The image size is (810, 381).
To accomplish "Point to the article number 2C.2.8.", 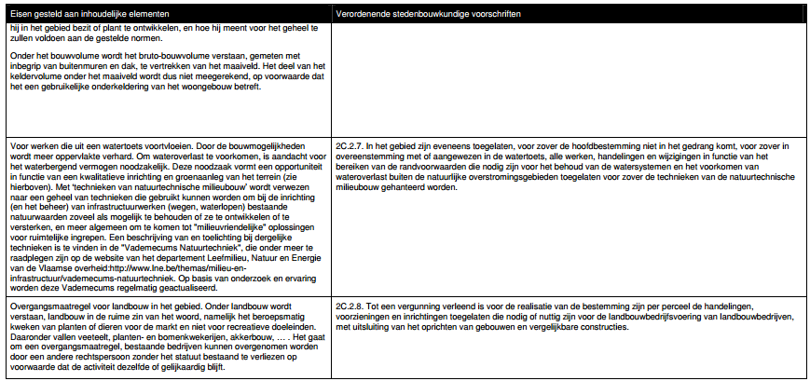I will (x=349, y=306).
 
